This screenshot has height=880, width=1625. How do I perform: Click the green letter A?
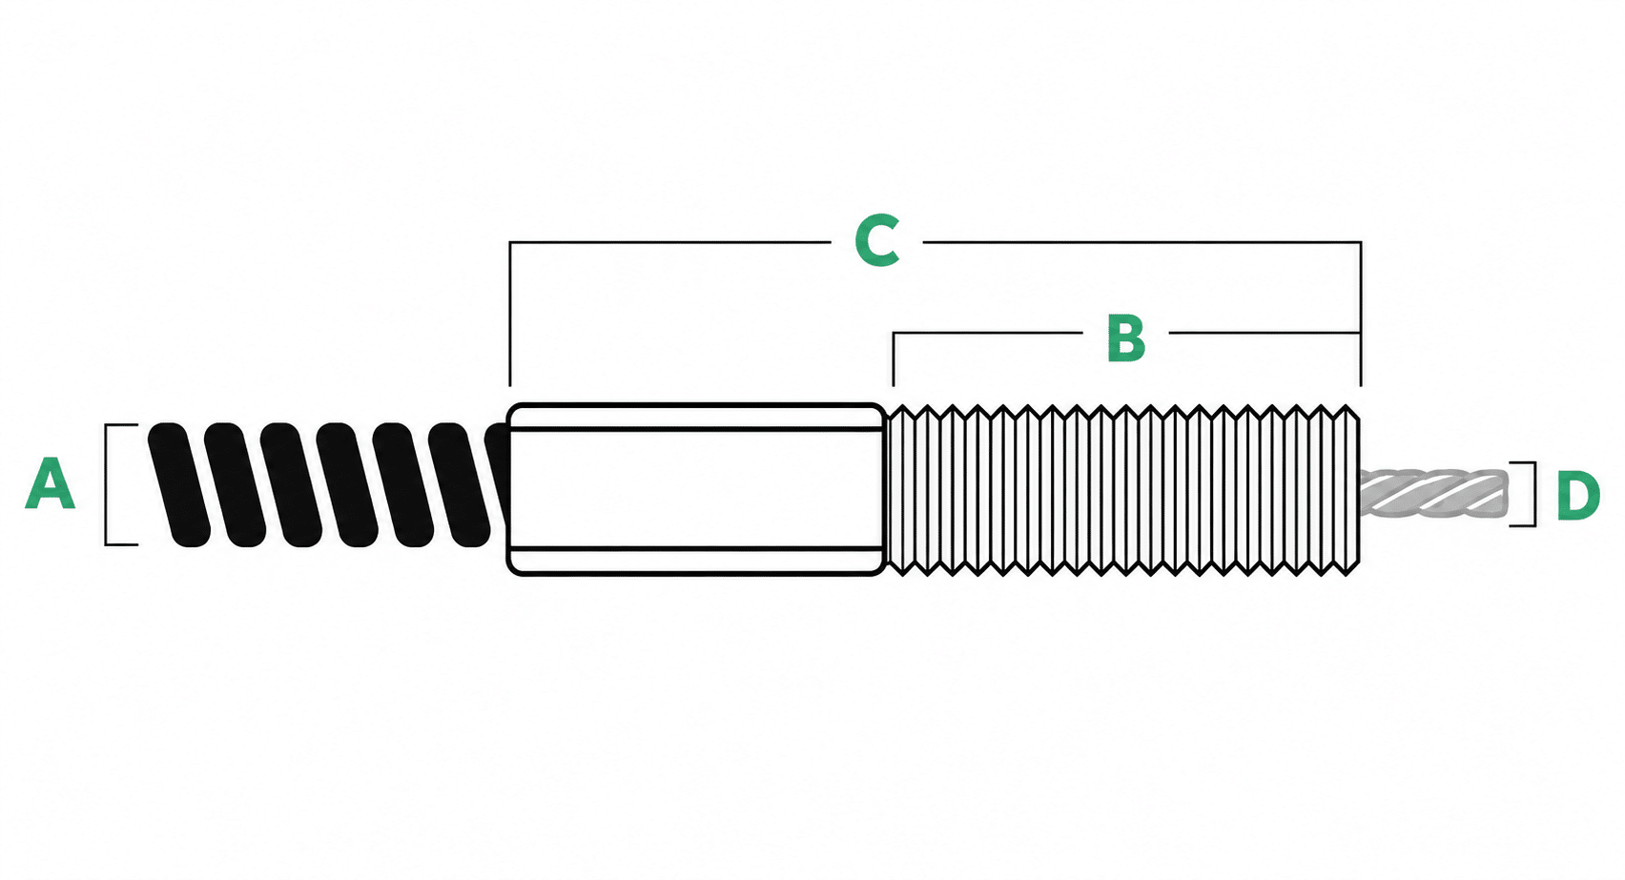[50, 483]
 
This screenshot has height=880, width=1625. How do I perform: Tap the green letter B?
[1126, 338]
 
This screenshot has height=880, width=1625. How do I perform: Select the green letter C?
[877, 240]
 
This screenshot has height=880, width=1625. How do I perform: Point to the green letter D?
[1578, 496]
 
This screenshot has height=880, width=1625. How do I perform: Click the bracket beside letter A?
[106, 484]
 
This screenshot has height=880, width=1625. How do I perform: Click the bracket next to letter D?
[1534, 493]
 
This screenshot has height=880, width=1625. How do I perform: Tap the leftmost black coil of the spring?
[178, 484]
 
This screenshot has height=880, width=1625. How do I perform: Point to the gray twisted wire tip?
[1432, 494]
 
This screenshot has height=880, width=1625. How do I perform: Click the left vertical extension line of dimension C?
[510, 314]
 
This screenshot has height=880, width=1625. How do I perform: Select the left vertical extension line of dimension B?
[893, 359]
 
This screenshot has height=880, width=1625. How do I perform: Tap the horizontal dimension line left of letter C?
[670, 242]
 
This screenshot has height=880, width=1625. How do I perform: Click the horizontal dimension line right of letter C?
[1142, 242]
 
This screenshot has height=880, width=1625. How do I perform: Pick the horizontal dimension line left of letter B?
[987, 333]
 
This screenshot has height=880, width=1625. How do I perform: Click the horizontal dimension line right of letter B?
[1265, 333]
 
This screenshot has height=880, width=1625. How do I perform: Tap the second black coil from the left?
[235, 484]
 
